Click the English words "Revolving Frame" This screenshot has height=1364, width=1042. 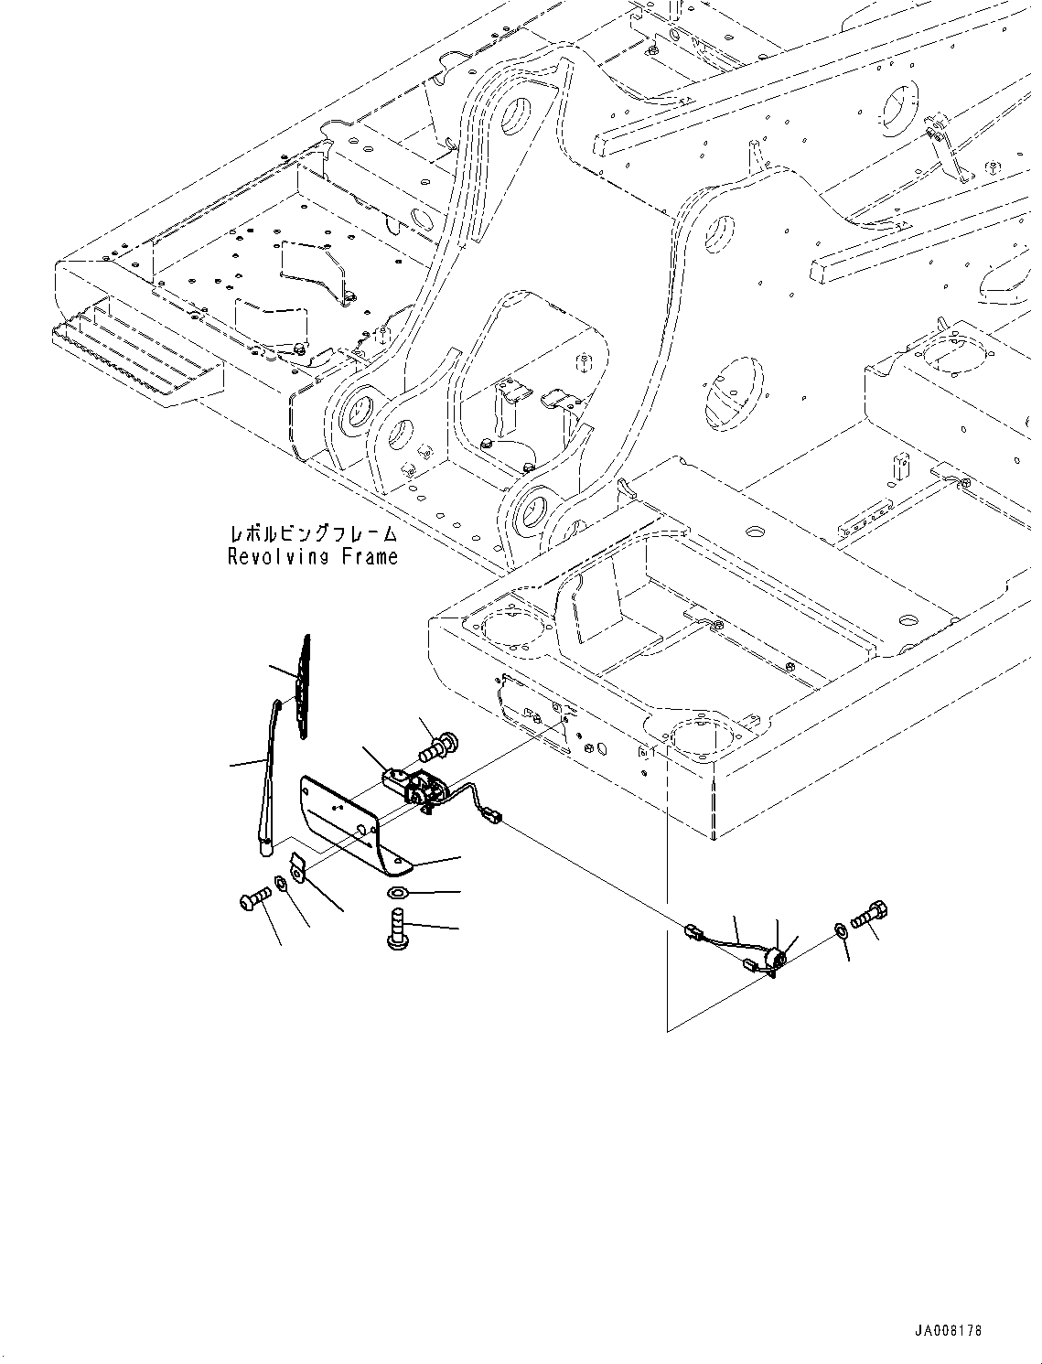(x=313, y=556)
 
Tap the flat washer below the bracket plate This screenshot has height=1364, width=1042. (x=398, y=892)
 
